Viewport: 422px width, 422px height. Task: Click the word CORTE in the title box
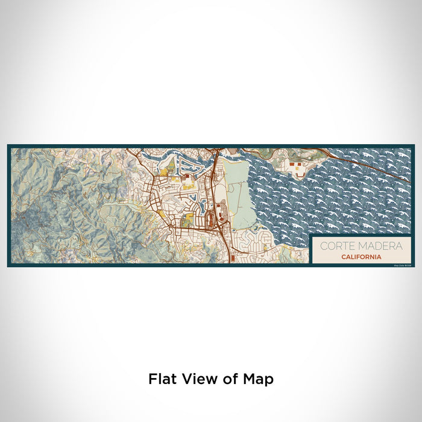click(x=334, y=246)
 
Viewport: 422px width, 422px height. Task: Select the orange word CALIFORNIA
click(x=360, y=257)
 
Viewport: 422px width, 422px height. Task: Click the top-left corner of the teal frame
click(x=8, y=146)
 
